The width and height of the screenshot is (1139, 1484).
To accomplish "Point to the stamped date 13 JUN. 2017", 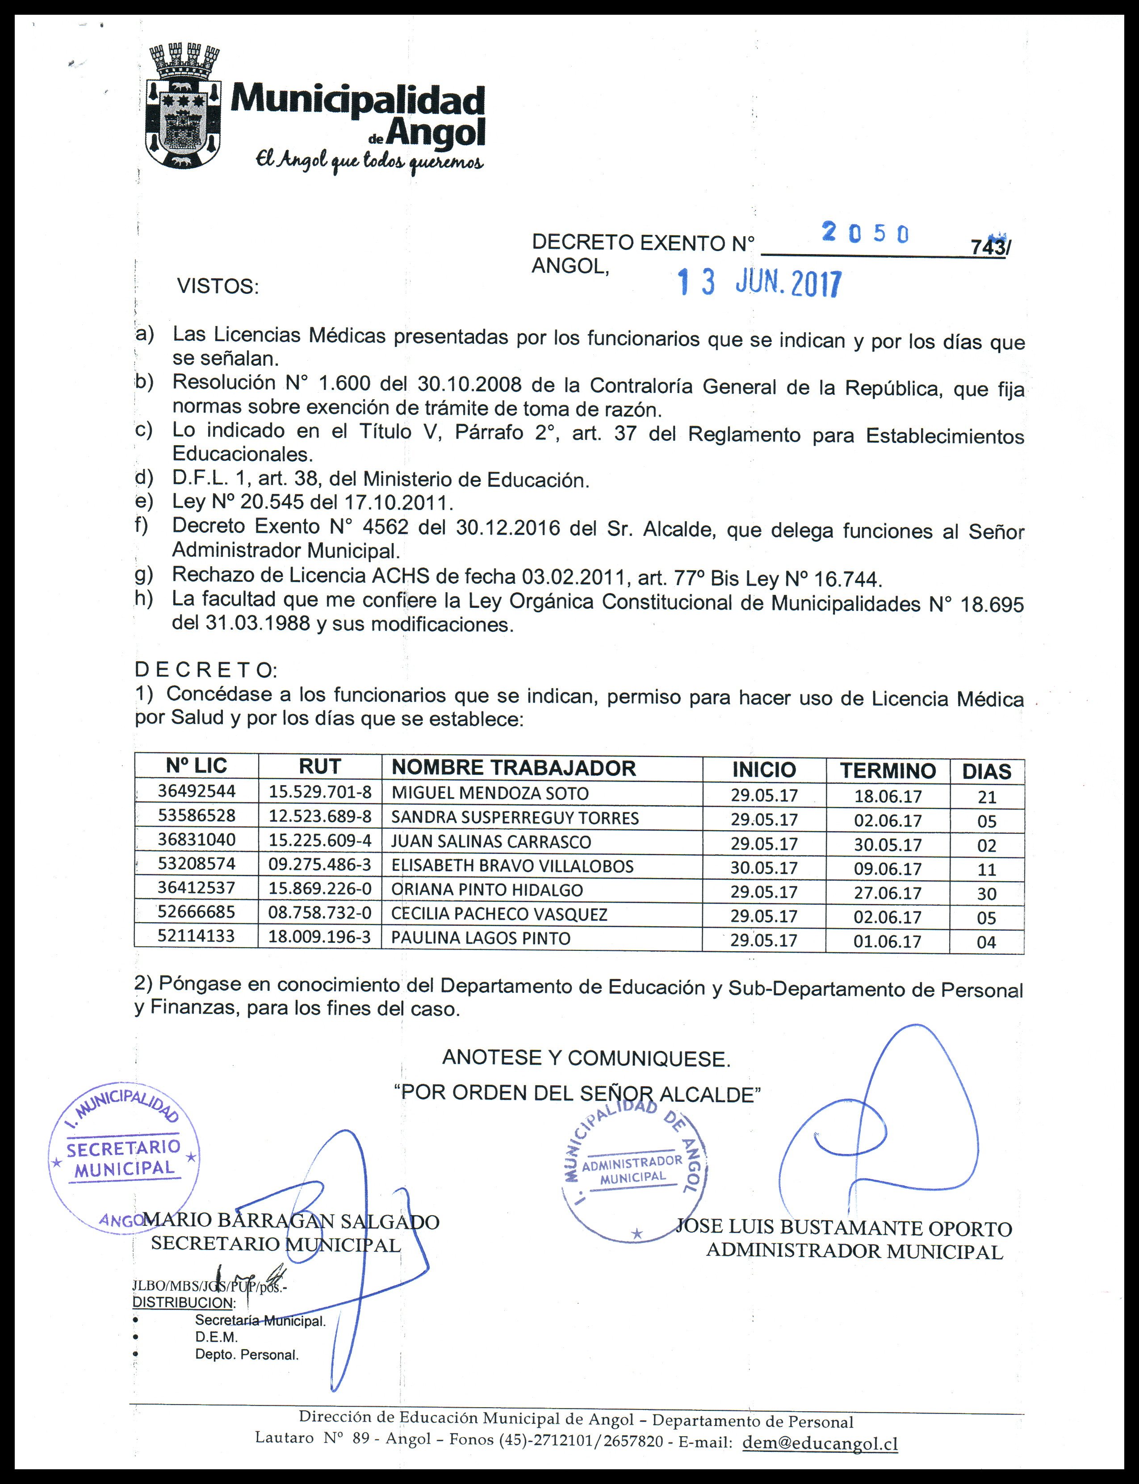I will coord(759,284).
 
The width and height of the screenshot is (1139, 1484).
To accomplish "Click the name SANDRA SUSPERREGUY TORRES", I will coord(515,818).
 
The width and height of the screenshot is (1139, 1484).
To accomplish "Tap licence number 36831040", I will coord(197,840).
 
